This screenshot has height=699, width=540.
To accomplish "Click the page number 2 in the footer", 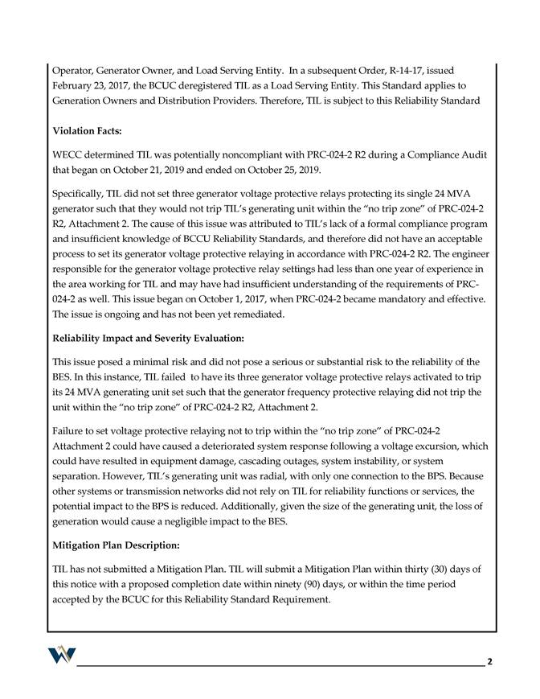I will coord(489,662).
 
